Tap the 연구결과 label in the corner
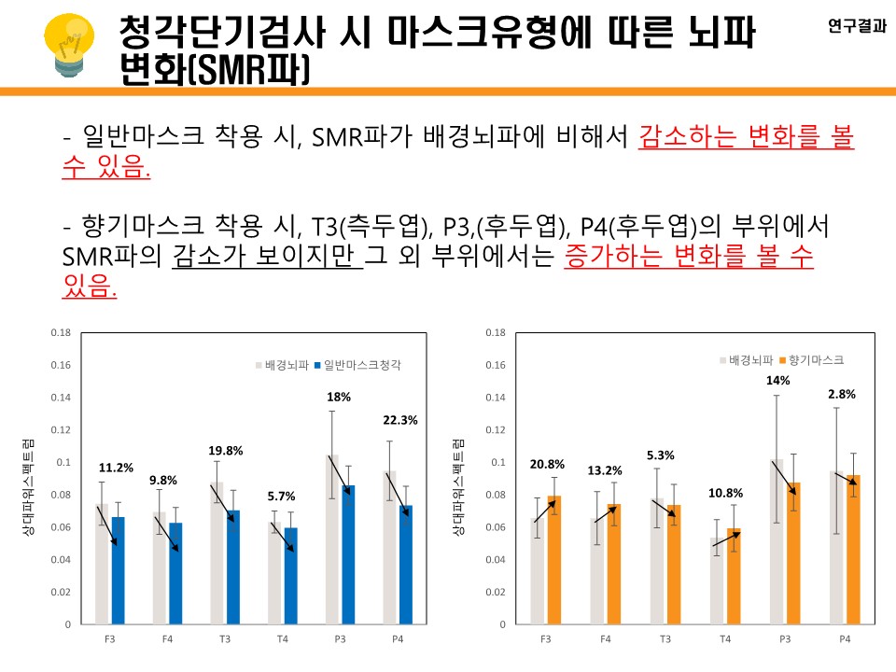click(x=857, y=27)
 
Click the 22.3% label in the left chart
click(x=399, y=420)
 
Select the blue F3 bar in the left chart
click(x=118, y=570)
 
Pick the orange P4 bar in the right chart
click(x=852, y=550)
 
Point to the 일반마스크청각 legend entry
click(x=368, y=366)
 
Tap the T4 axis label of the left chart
click(x=282, y=639)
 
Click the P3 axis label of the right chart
click(x=784, y=639)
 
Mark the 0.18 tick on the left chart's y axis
click(x=61, y=333)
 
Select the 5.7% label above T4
click(x=283, y=497)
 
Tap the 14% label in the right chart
click(x=778, y=381)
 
